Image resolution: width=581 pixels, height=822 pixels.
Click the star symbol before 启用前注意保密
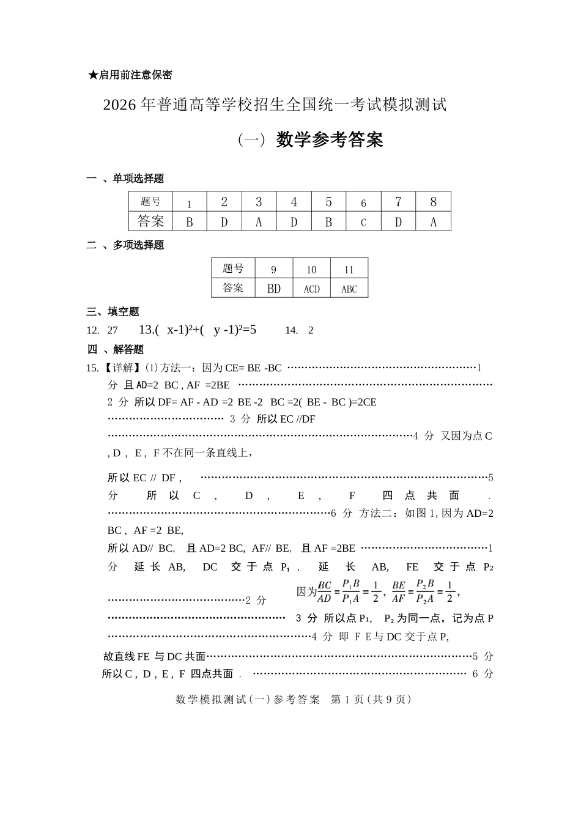[93, 75]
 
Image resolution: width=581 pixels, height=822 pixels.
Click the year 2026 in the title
[119, 105]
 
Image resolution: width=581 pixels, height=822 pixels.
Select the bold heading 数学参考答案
[330, 140]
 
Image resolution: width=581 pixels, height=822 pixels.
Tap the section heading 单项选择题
[138, 179]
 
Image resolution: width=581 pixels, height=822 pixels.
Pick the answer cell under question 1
[189, 222]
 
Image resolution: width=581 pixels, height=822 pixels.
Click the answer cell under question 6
[363, 222]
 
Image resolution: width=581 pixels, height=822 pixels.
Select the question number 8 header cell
[433, 202]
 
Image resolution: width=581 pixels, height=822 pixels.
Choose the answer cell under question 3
[259, 222]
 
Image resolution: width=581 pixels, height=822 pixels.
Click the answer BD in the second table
[273, 289]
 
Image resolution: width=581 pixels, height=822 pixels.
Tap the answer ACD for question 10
[311, 289]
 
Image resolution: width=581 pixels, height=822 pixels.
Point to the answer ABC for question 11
[349, 289]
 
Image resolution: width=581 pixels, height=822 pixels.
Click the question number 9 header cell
[273, 270]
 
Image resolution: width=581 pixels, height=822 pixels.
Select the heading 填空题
[124, 312]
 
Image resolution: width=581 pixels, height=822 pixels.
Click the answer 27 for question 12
[113, 330]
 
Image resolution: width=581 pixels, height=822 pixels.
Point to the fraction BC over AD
[324, 591]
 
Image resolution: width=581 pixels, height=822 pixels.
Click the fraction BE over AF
[399, 591]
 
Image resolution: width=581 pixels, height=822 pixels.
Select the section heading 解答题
[128, 349]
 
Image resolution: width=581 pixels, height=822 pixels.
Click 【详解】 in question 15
[120, 368]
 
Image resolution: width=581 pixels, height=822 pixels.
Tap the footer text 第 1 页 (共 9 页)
[371, 699]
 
